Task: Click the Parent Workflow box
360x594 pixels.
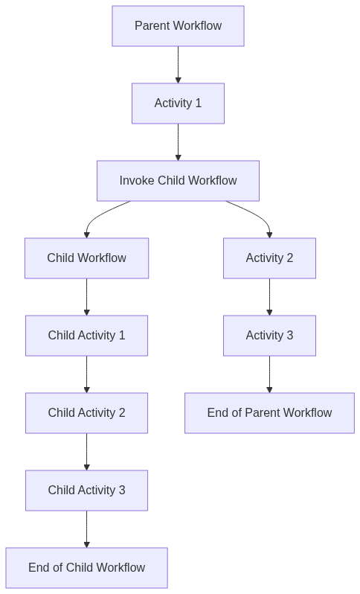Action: tap(178, 26)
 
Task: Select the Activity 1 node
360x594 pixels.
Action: tap(178, 103)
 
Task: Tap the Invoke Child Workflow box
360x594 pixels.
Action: tap(178, 181)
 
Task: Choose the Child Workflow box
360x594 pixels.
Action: tap(86, 258)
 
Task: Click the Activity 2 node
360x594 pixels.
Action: tap(269, 258)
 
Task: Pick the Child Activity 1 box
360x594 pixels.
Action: tap(86, 336)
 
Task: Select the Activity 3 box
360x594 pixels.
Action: tap(269, 336)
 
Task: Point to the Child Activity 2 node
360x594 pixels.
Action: tap(86, 413)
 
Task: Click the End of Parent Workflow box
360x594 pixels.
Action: tap(269, 413)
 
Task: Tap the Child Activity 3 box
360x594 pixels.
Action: tap(86, 491)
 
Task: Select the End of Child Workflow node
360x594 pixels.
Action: tap(86, 568)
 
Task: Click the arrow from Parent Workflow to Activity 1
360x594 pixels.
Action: tap(178, 65)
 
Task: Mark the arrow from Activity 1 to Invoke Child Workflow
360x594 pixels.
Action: tap(178, 142)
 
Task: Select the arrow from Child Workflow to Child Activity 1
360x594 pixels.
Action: tap(87, 297)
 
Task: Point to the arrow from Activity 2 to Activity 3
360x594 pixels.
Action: tap(269, 297)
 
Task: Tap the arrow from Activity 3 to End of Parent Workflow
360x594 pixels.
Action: tap(269, 374)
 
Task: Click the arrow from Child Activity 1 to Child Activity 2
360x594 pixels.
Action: tap(87, 374)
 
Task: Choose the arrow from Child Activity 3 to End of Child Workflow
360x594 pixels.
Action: tap(87, 529)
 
